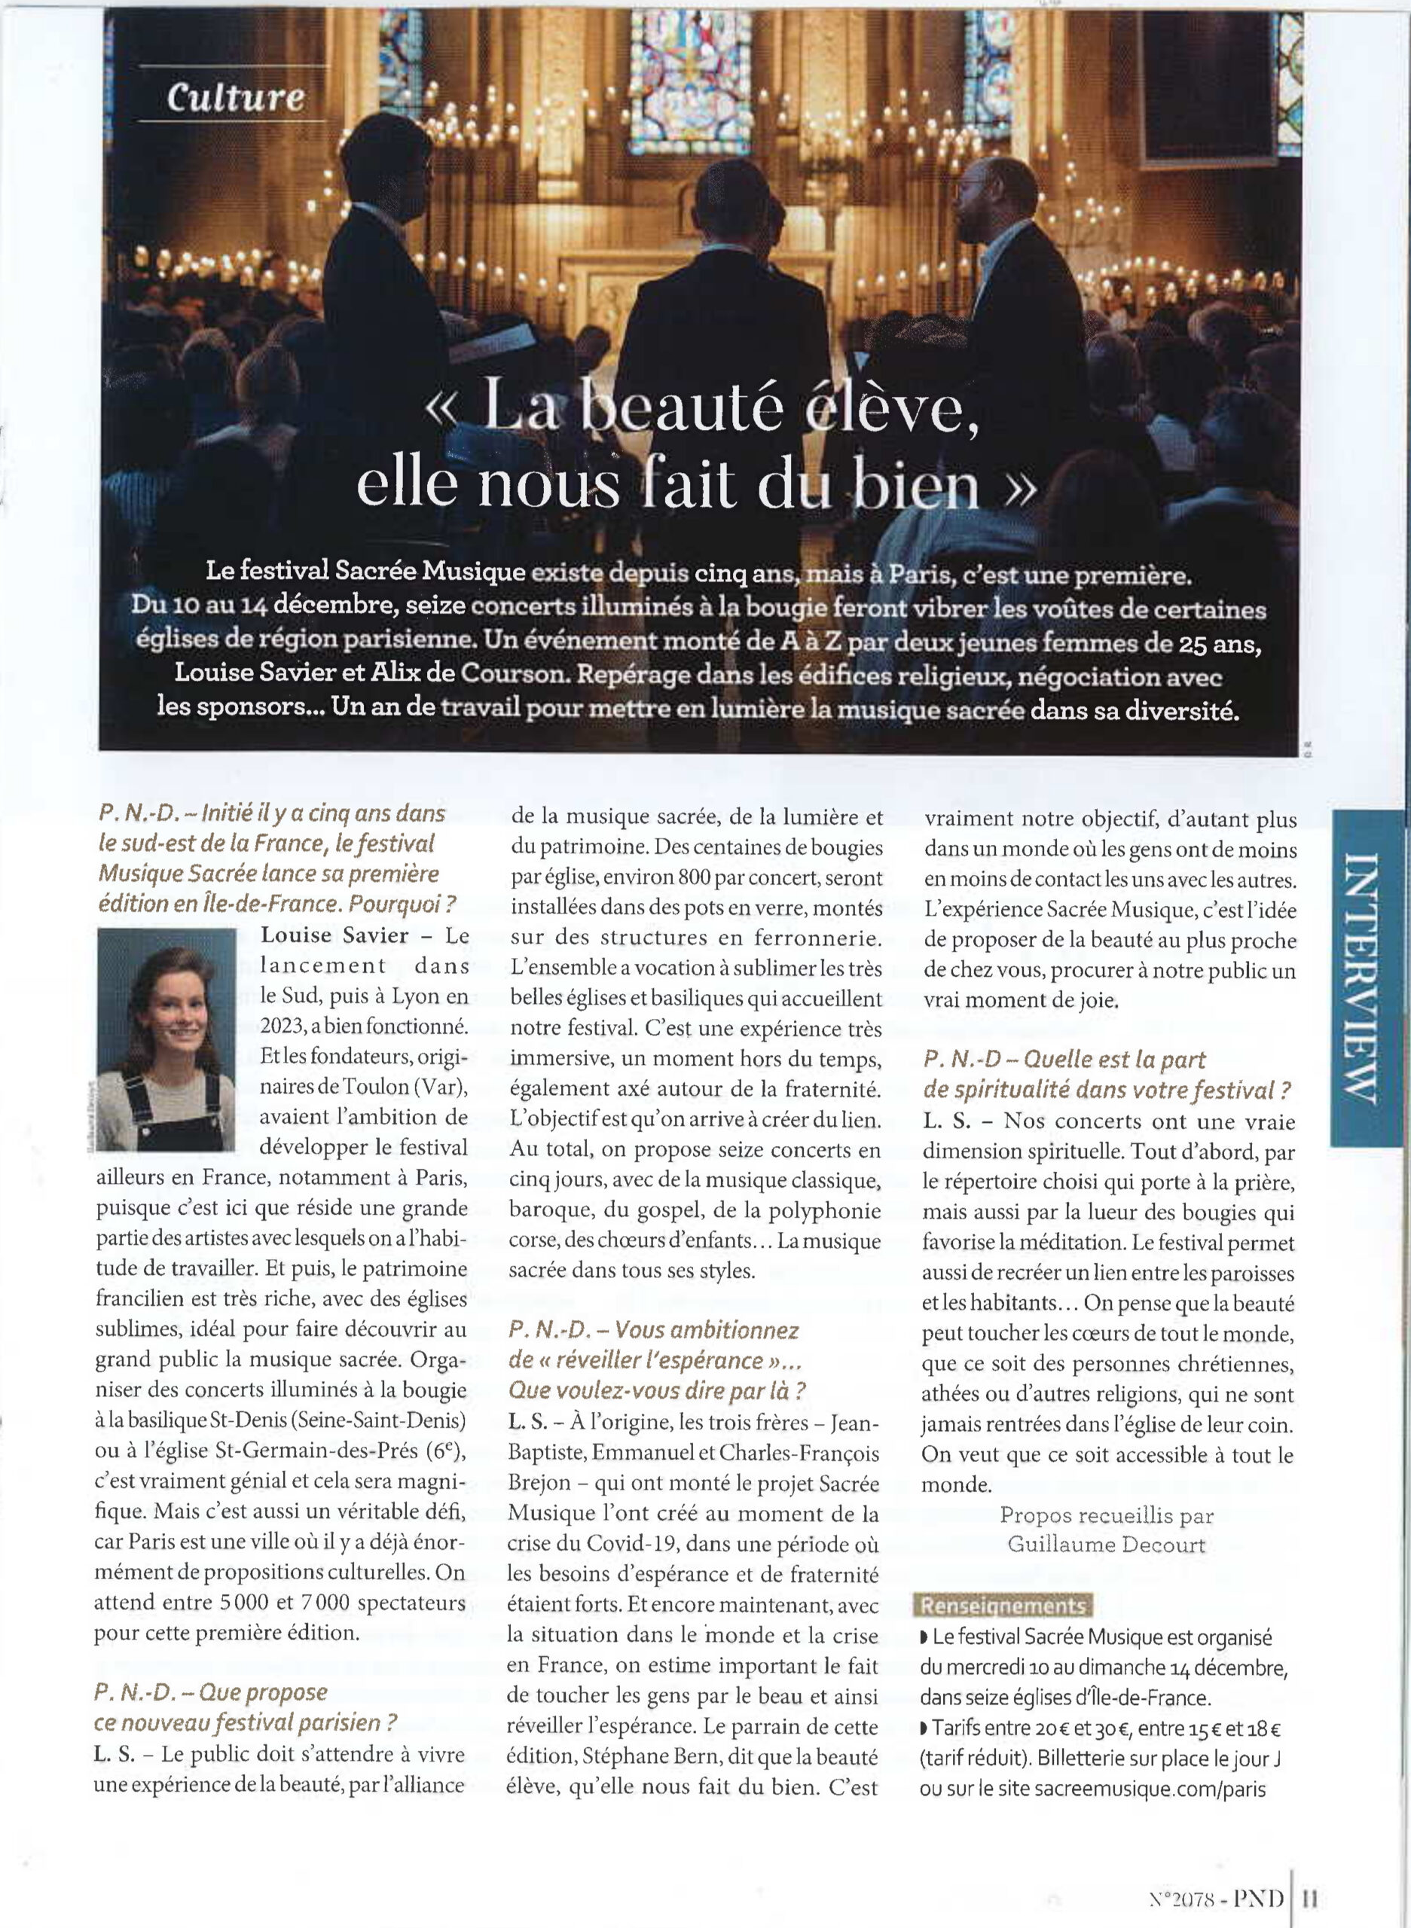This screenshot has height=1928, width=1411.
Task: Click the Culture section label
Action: (x=236, y=97)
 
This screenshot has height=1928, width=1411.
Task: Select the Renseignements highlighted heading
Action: (x=1003, y=1606)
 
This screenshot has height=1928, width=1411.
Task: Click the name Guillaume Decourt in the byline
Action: (x=1106, y=1545)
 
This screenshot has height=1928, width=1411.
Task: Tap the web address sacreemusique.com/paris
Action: (x=1150, y=1789)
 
